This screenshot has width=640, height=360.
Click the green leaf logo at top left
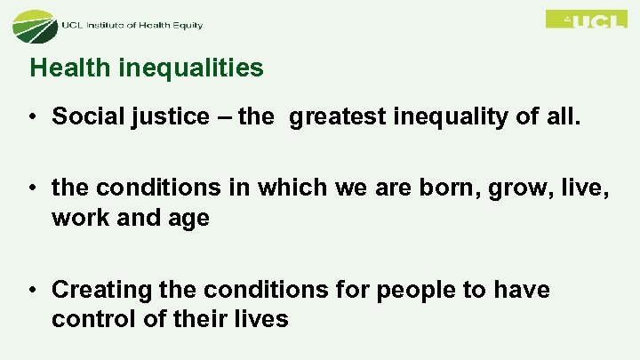(x=34, y=25)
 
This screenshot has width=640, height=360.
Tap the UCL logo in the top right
(x=586, y=19)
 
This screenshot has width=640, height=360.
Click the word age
(x=189, y=219)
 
